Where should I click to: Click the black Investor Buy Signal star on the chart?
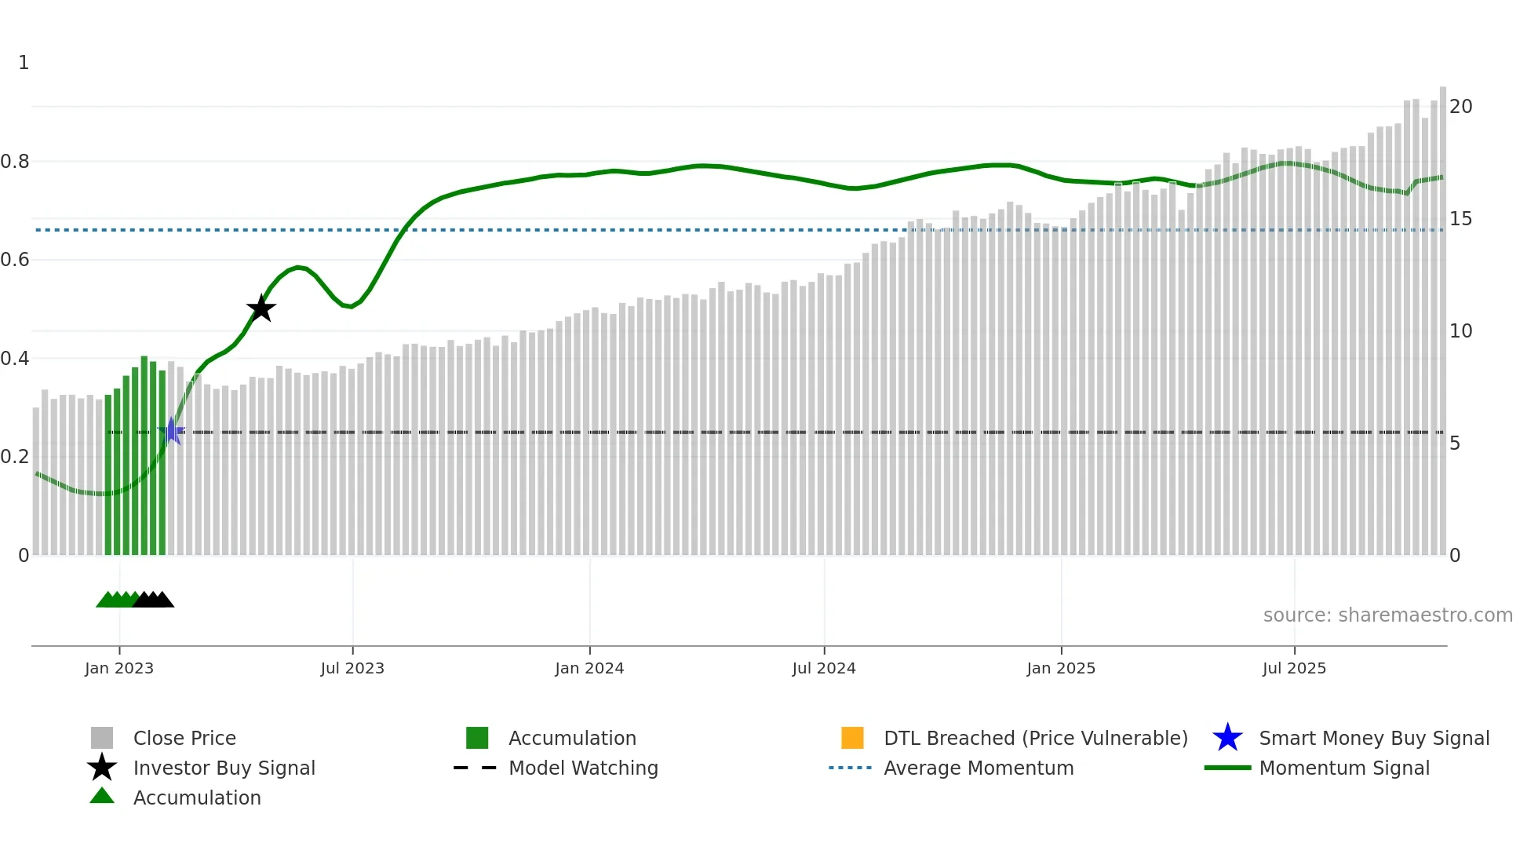[261, 308]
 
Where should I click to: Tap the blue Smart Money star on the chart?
[172, 431]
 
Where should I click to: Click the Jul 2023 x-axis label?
[352, 668]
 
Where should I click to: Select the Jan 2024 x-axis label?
[589, 668]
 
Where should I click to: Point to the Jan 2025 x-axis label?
[1061, 668]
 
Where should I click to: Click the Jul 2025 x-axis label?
[1294, 668]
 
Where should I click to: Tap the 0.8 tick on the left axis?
[15, 162]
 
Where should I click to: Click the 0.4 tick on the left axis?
[15, 359]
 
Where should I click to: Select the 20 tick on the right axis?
[1460, 107]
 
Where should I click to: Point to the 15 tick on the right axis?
[1460, 219]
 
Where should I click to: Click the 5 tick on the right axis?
[1455, 443]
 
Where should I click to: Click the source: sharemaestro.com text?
[1387, 615]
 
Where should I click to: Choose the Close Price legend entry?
[184, 738]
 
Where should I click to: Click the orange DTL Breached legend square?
[852, 738]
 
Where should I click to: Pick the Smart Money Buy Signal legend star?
[1227, 738]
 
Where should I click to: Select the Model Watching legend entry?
[583, 768]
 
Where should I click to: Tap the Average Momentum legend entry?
[979, 768]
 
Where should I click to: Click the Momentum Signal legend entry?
[1344, 768]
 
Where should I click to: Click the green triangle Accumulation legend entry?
[103, 797]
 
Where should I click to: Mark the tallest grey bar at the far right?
[1442, 314]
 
